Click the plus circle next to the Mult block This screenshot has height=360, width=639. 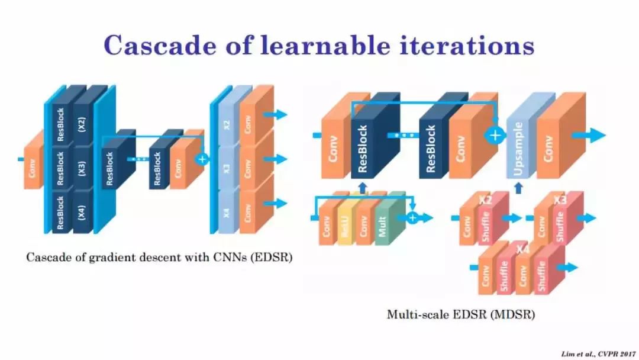[412, 217]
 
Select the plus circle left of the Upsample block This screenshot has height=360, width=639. [495, 135]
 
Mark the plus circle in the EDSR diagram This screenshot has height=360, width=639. [202, 159]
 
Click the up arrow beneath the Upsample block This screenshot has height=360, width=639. [519, 188]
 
